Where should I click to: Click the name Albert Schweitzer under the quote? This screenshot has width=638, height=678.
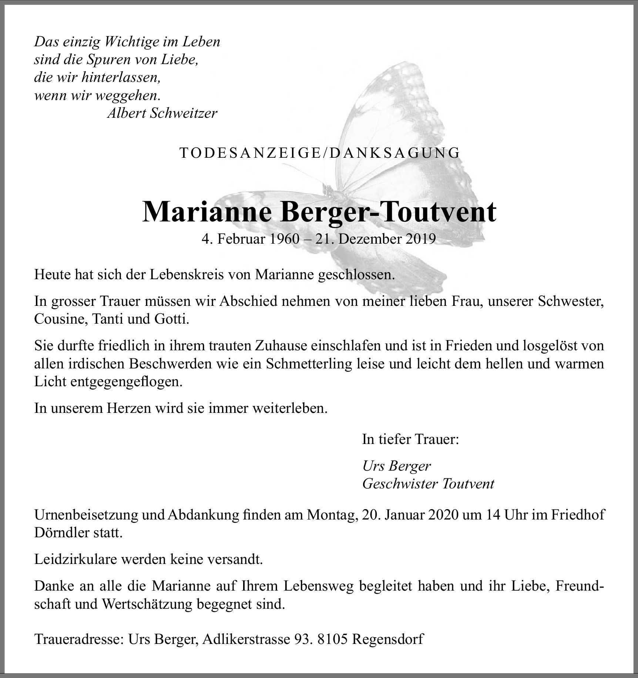pos(162,113)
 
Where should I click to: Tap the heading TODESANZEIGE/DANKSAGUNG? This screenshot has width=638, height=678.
pos(320,153)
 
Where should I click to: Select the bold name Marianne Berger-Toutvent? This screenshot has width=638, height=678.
pos(319,212)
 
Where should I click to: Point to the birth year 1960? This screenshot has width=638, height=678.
pos(284,239)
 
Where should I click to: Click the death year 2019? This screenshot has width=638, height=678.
pos(420,239)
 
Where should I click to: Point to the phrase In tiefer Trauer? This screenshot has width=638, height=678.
pos(410,439)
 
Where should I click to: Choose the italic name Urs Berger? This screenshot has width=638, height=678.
pos(397,466)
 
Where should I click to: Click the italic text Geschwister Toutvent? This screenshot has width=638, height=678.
pos(428,484)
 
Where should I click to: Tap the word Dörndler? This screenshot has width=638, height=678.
pos(62,533)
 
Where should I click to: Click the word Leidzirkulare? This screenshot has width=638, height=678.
pos(79,560)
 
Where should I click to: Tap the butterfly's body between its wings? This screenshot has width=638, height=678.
pos(328,191)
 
